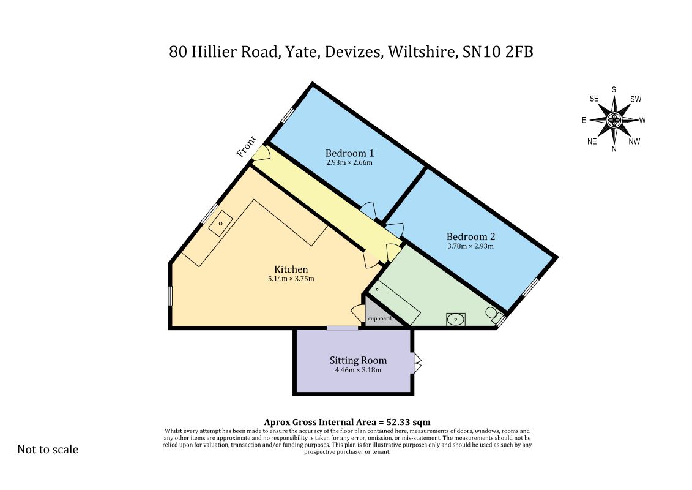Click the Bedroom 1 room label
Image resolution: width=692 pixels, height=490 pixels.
349,153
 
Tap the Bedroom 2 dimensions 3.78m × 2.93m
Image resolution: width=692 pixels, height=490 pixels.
471,246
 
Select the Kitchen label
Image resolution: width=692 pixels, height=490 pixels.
291,269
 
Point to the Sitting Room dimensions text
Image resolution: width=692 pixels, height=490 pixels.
358,370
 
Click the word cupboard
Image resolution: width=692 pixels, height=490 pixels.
379,318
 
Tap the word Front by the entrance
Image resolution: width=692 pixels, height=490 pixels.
246,146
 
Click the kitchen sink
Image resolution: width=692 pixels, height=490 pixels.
220,224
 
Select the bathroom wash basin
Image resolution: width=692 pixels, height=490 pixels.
455,319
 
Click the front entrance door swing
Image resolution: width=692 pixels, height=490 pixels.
262,153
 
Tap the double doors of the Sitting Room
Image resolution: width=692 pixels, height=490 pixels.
417,363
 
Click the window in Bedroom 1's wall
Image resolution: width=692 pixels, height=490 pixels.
288,115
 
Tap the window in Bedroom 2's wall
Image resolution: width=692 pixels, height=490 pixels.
530,287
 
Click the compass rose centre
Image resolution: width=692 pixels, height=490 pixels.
614,119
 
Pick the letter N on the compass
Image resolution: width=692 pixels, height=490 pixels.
614,149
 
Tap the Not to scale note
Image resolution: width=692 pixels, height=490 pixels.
48,450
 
